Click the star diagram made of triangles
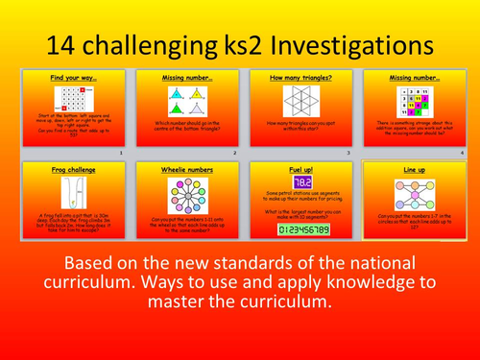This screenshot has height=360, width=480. pos(298,100)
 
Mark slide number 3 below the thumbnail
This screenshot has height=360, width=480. pos(351,154)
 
